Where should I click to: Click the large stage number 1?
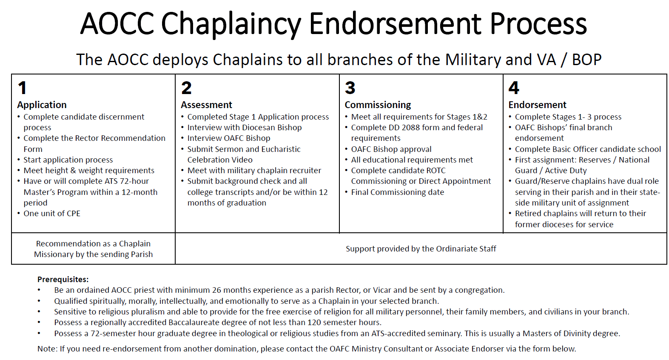[x=23, y=88]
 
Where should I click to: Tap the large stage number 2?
[x=186, y=88]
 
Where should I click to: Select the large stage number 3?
[x=350, y=88]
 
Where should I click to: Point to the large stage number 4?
[x=514, y=88]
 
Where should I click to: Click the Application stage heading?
[x=42, y=105]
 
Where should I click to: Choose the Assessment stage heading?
[x=206, y=105]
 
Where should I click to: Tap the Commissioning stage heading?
[x=378, y=105]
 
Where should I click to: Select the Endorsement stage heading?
[x=537, y=105]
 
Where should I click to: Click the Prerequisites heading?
[x=63, y=279]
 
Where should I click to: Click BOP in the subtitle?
[x=586, y=60]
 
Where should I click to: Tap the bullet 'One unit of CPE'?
[x=52, y=214]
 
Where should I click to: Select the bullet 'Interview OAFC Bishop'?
[x=229, y=138]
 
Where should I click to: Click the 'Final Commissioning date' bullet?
[x=398, y=192]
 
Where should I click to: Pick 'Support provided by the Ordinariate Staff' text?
[x=421, y=249]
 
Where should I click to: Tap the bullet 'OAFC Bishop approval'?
[x=391, y=149]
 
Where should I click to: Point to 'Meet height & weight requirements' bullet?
[x=89, y=171]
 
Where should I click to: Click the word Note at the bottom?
[x=47, y=349]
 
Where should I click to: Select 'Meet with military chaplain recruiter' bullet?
[x=254, y=171]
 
